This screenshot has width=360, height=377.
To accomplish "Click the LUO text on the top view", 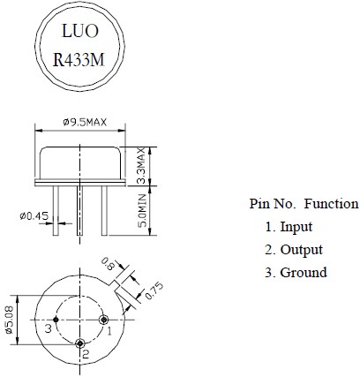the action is [79, 31].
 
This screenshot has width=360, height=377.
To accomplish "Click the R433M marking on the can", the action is [79, 60].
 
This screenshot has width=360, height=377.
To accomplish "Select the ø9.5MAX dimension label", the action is [85, 122].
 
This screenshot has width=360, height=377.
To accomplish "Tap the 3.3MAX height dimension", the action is [142, 166].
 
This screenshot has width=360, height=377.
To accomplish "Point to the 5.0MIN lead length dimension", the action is [142, 210].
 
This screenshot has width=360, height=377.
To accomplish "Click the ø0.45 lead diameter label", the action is [34, 216].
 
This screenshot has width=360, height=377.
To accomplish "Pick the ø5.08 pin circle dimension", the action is [9, 320].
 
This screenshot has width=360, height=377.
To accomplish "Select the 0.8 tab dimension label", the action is [108, 264].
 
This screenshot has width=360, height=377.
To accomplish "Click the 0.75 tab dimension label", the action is [154, 290].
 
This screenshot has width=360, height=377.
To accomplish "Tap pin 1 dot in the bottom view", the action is [104, 320].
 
